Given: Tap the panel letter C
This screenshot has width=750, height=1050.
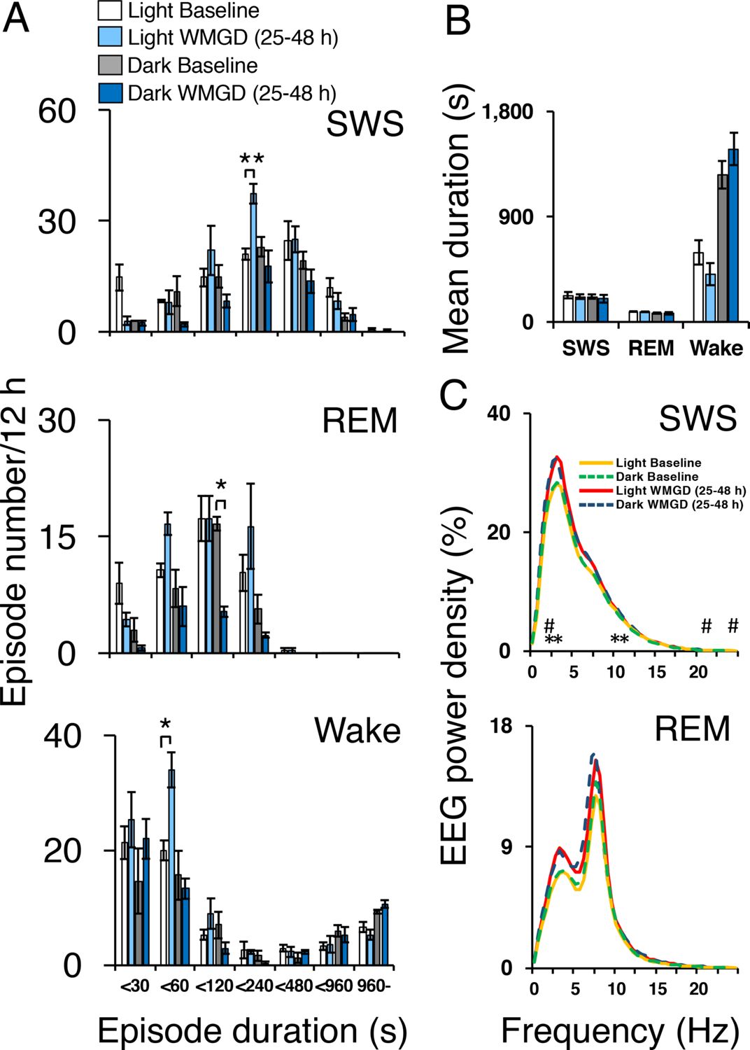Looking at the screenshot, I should [x=454, y=395].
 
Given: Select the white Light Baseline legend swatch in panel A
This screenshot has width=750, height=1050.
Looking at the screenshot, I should [x=110, y=10].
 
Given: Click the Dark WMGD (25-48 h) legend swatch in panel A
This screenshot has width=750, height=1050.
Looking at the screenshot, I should [x=110, y=93].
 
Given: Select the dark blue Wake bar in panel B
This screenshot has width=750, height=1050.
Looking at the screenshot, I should [x=733, y=235].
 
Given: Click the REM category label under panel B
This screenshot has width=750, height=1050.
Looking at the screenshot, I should [x=651, y=348].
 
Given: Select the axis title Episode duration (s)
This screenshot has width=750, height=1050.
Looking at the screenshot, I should [x=252, y=1031].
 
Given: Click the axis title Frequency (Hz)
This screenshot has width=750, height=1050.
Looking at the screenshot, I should [x=620, y=1031].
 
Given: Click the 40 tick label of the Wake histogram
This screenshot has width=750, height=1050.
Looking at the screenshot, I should [x=62, y=736].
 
